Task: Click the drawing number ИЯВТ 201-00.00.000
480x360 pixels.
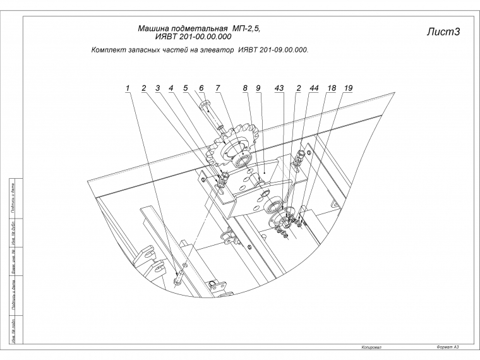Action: [x=188, y=37]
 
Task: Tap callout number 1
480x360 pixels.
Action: [x=127, y=88]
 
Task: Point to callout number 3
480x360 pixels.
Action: [x=158, y=88]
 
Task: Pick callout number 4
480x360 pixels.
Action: [x=171, y=88]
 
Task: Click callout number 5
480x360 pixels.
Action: [x=186, y=88]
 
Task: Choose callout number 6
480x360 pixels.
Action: [x=201, y=88]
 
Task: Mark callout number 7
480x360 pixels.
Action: [x=217, y=88]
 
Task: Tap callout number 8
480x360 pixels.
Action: [x=244, y=88]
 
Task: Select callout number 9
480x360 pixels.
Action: [x=258, y=88]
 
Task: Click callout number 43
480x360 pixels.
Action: [x=279, y=88]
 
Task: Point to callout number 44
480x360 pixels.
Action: [x=313, y=88]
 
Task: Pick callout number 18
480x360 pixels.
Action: [x=331, y=88]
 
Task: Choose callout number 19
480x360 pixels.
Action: [x=348, y=88]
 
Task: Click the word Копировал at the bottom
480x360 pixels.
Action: [x=371, y=347]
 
